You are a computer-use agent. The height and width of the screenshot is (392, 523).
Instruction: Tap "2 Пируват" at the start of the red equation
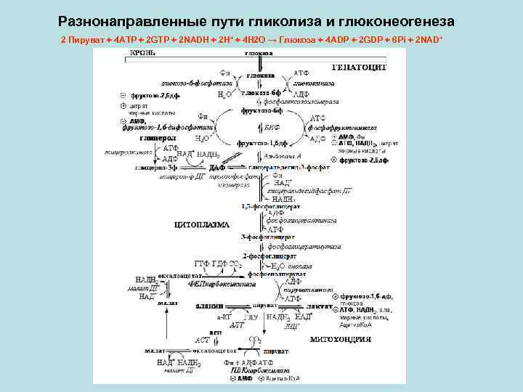click(85, 38)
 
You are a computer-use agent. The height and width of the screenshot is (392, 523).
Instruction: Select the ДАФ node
click(217, 168)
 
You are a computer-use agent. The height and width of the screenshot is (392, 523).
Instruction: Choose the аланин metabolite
click(209, 307)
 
